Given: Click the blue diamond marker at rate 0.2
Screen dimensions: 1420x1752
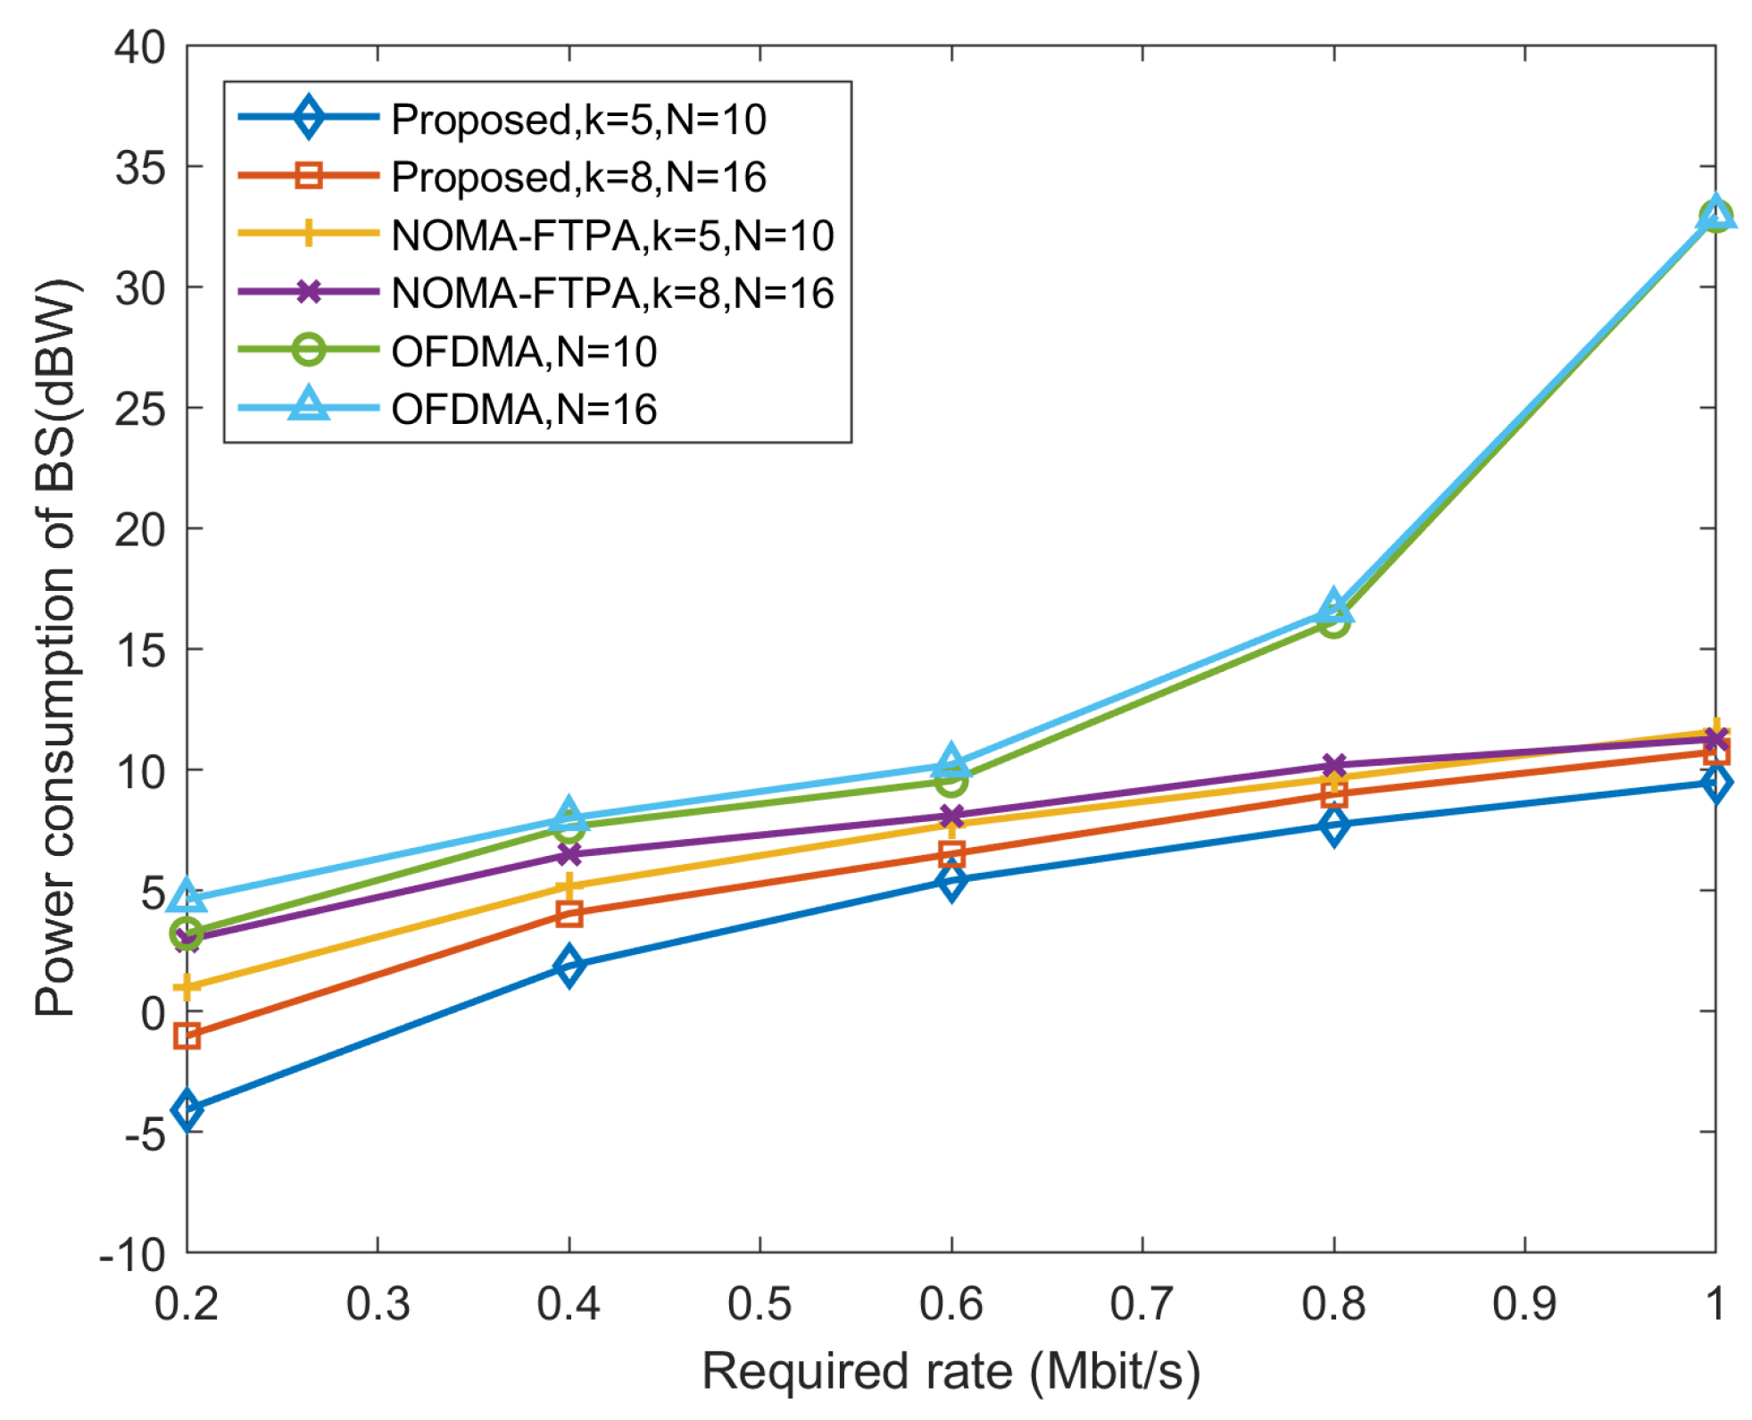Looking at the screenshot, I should pyautogui.click(x=187, y=1110).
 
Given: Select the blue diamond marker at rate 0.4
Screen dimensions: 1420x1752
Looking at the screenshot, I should pyautogui.click(x=569, y=966).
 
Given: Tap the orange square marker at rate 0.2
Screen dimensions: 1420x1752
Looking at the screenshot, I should pyautogui.click(x=187, y=1035).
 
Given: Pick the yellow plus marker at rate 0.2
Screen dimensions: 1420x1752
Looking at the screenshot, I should pyautogui.click(x=187, y=986).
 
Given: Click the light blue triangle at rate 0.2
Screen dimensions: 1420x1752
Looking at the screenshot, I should pyautogui.click(x=187, y=895).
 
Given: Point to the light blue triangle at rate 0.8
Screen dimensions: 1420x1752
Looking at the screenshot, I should pyautogui.click(x=1333, y=607).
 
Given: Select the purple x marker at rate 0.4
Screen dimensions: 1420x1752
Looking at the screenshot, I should pyautogui.click(x=569, y=854).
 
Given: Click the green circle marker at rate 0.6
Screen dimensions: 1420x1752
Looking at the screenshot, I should pyautogui.click(x=951, y=782).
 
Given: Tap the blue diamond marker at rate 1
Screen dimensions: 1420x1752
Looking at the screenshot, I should pyautogui.click(x=1715, y=783).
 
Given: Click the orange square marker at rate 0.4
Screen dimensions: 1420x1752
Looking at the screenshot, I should pyautogui.click(x=569, y=913).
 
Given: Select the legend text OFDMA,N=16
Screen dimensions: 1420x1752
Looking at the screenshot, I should pyautogui.click(x=524, y=410).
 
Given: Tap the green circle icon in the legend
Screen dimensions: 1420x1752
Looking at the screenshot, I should pyautogui.click(x=309, y=349).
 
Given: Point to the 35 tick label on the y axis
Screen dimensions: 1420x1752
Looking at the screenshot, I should pyautogui.click(x=140, y=168).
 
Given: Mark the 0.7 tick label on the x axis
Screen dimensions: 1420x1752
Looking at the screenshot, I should pyautogui.click(x=1142, y=1304).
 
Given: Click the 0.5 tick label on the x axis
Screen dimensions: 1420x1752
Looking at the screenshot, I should pyautogui.click(x=760, y=1304).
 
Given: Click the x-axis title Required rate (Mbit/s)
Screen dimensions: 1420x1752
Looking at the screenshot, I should pyautogui.click(x=951, y=1372).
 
